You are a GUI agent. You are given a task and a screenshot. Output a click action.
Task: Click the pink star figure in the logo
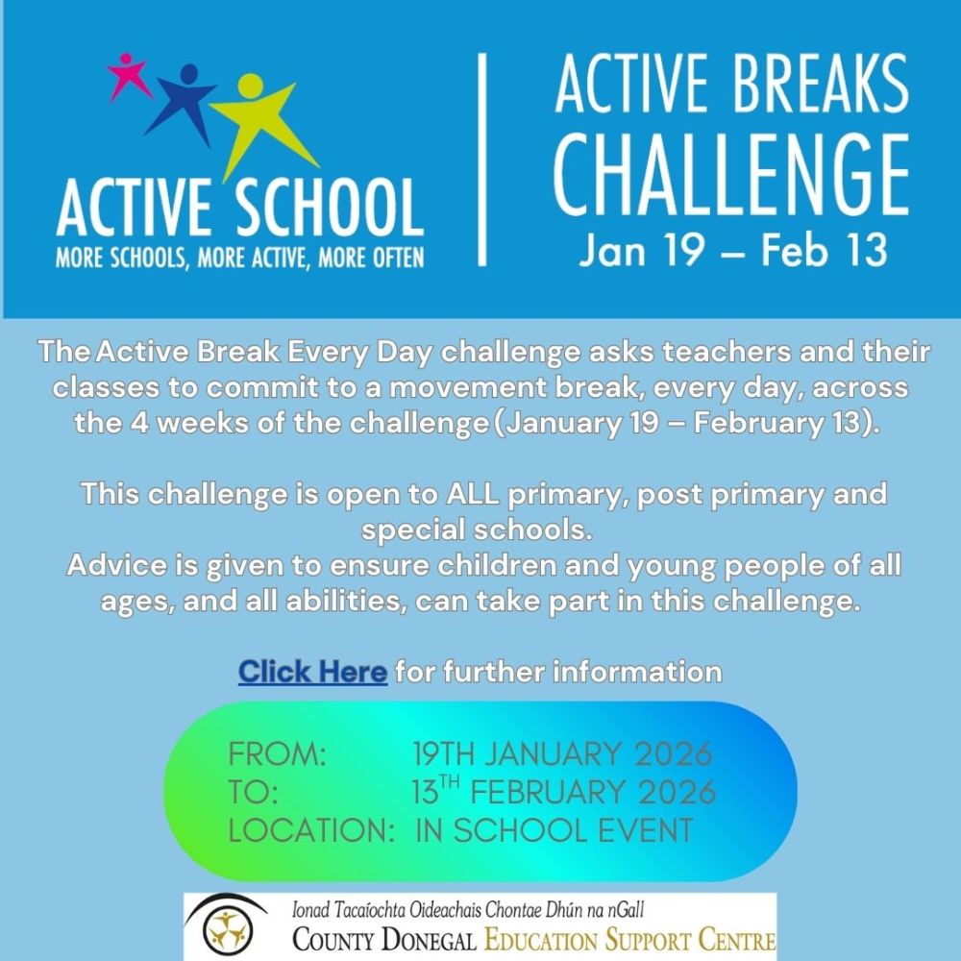pos(127,74)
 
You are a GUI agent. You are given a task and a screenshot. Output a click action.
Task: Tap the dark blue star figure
pos(184,101)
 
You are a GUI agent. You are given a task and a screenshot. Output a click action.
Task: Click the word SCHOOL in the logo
pos(330,209)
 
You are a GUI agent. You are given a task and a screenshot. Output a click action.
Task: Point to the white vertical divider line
pos(481,160)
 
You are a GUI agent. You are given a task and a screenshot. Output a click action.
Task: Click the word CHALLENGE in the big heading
pos(731,175)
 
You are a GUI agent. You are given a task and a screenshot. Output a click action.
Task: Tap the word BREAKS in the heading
pos(822,83)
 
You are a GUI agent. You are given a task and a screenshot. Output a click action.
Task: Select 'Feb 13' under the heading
pos(825,250)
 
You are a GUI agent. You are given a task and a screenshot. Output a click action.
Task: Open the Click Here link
pos(312,672)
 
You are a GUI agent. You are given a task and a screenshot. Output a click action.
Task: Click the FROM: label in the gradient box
pos(277,753)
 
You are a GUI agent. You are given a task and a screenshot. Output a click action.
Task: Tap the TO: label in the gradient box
pos(253,792)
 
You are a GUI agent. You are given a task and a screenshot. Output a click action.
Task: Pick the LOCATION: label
pos(310,830)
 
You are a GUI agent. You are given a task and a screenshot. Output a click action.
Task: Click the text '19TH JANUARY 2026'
pos(562,753)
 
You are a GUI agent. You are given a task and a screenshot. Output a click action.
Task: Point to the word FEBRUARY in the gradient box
pos(549,792)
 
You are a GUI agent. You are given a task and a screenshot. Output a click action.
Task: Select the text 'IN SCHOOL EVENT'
pos(554,830)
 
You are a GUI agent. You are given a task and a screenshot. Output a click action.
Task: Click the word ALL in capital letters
pos(473,493)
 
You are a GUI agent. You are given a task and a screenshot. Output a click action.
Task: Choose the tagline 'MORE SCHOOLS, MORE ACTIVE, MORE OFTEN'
pos(239,258)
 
